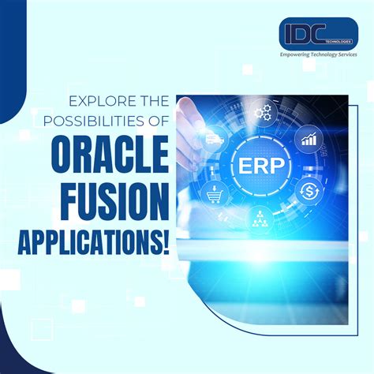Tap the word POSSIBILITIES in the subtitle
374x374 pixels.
tap(93, 120)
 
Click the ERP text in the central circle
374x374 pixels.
tap(259, 165)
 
